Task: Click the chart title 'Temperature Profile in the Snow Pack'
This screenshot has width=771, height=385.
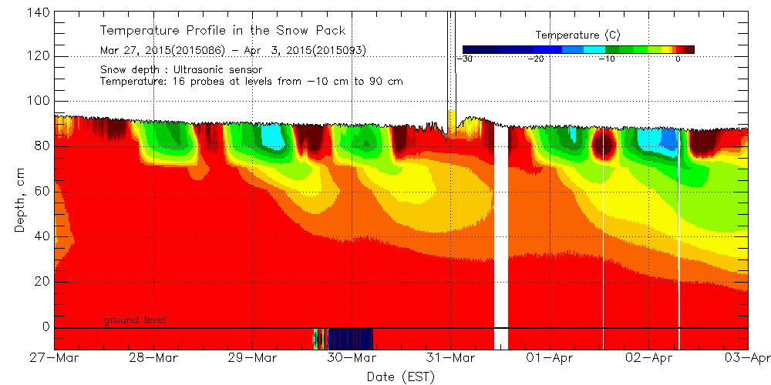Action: tap(223, 31)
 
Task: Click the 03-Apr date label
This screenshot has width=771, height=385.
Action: tap(746, 359)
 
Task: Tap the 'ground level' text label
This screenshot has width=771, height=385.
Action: tap(135, 320)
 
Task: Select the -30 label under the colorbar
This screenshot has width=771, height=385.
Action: tap(464, 59)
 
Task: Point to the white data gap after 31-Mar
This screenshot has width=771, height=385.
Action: tap(501, 231)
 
